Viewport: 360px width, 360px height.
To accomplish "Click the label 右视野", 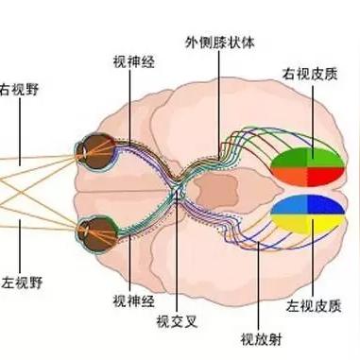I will tap(19, 92).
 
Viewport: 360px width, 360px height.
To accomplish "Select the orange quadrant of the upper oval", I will tap(288, 176).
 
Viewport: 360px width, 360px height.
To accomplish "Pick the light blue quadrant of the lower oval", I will tap(288, 206).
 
